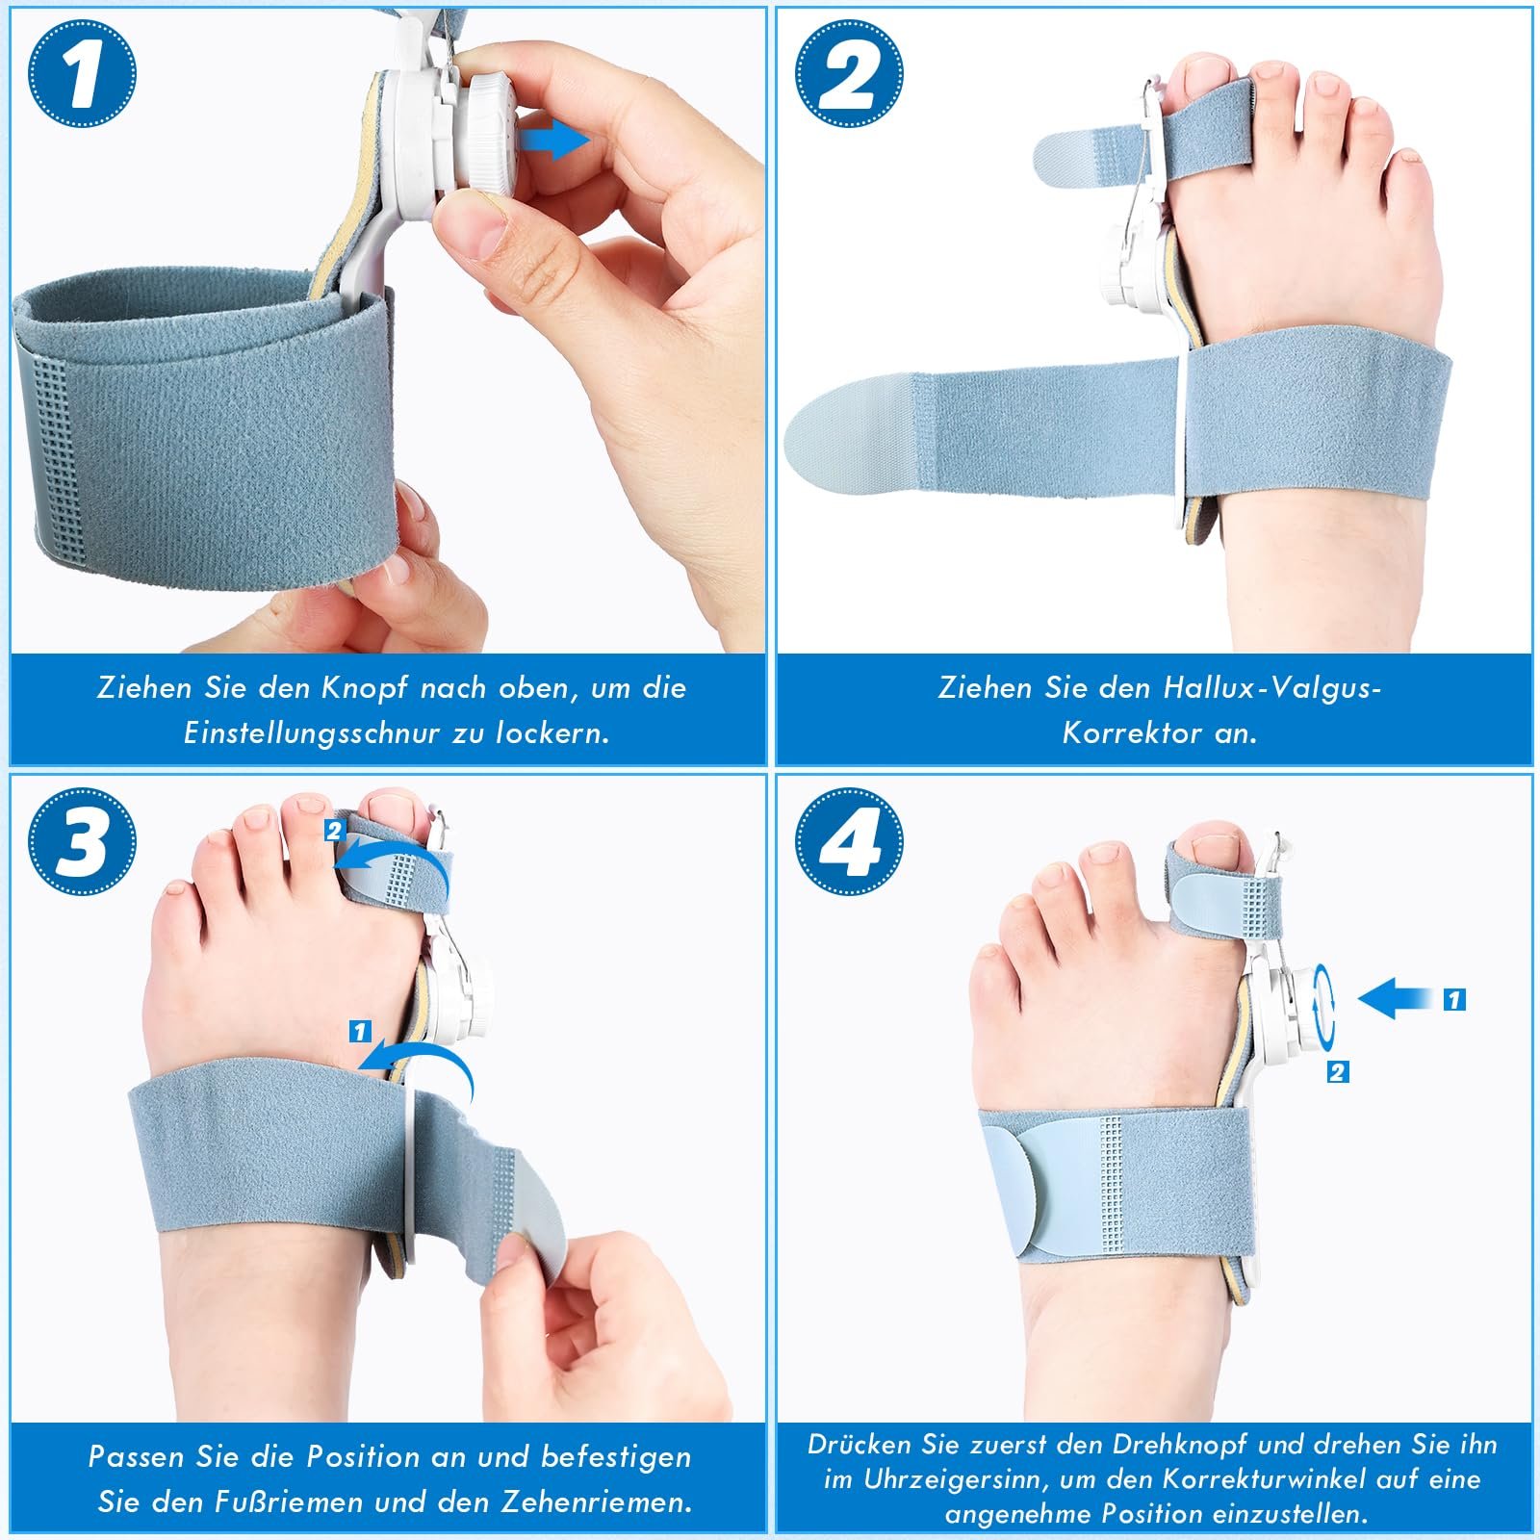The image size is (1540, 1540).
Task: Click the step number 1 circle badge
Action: (82, 74)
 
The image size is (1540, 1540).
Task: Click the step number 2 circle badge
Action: (850, 74)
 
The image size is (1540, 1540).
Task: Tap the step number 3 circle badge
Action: (82, 840)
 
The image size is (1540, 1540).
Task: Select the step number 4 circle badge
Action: (850, 840)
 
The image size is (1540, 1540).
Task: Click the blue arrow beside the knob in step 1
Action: (555, 141)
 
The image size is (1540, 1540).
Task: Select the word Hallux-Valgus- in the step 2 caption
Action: (1271, 687)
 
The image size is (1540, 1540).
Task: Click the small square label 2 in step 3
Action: (334, 830)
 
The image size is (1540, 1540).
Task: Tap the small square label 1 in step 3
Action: (360, 1032)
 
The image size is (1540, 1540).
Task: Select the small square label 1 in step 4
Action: (1454, 1000)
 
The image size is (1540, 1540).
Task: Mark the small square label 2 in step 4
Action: (1338, 1071)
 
